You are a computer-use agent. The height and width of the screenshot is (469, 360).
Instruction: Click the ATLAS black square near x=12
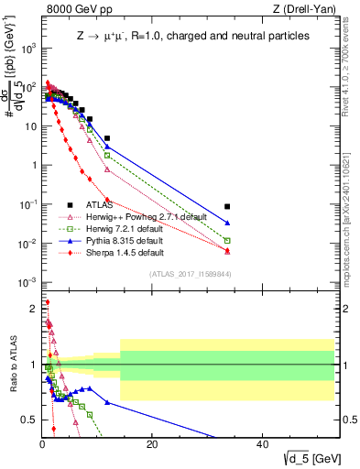pos(107,138)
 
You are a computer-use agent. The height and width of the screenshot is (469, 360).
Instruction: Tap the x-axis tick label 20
pos(152,444)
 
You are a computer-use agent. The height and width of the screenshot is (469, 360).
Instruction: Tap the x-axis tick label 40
pos(262,444)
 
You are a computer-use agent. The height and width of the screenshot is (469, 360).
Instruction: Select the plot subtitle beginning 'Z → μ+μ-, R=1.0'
pos(192,36)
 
